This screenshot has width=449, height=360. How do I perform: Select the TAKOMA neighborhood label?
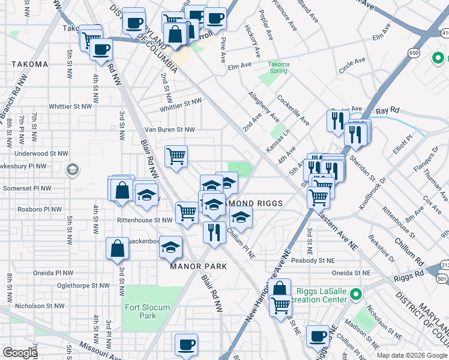coord(29,64)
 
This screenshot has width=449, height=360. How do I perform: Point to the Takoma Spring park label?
coord(278,67)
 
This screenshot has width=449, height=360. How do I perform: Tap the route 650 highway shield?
coord(414,53)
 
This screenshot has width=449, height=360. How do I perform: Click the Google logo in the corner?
coord(20,353)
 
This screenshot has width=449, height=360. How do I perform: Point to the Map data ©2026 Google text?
coord(412,355)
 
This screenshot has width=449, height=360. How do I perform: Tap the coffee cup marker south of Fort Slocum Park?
coord(186,346)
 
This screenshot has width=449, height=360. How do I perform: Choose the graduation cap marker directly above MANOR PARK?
coord(171,247)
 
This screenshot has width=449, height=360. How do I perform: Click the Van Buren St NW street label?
coord(170,129)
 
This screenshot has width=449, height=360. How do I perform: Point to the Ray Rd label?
coord(387,111)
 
